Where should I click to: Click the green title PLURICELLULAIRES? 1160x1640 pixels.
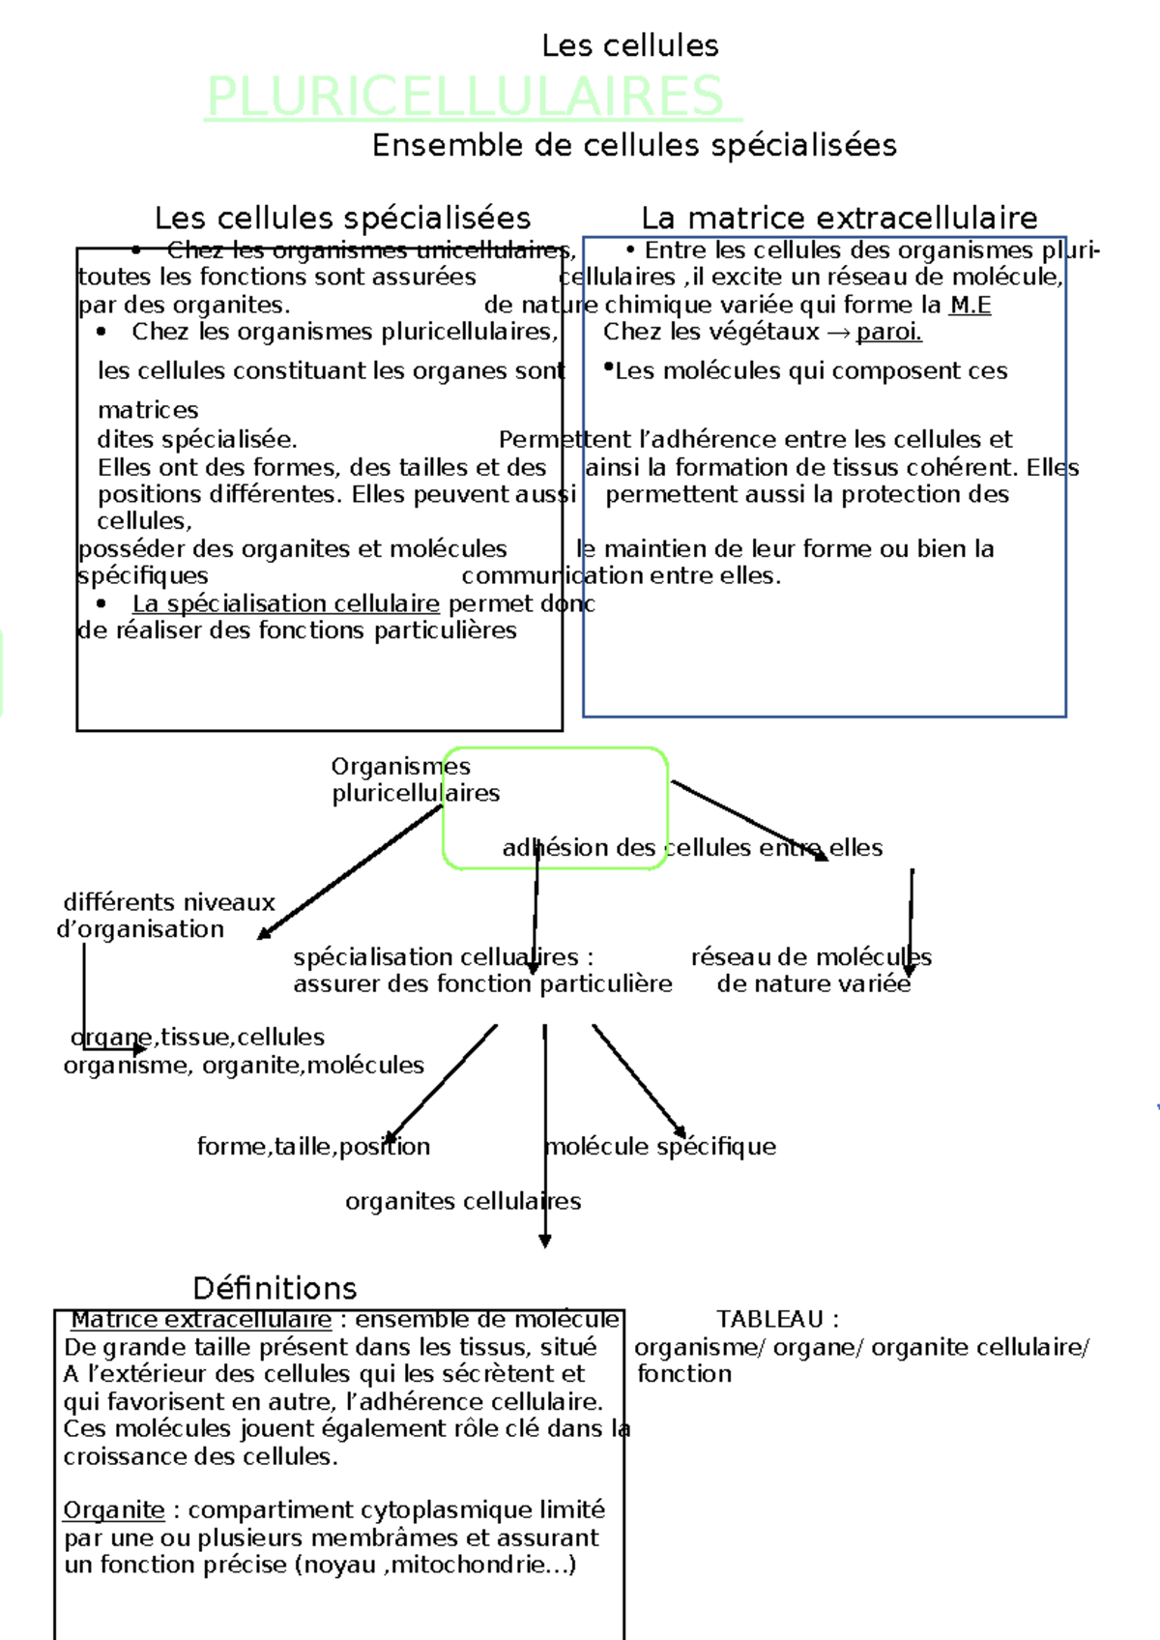466,97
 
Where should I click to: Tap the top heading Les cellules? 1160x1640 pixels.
630,45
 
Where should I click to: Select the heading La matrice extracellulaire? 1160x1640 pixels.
839,218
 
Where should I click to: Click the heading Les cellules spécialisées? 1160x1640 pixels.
343,218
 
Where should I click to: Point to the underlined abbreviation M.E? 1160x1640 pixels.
970,306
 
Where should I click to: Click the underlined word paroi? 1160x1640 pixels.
889,333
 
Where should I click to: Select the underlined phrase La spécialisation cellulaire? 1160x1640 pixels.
286,604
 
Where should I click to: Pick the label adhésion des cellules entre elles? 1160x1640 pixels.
692,848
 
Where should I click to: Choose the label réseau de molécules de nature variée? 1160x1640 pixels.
812,971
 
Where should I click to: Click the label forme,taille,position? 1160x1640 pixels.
313,1147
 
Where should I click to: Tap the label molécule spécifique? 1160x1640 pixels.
661,1147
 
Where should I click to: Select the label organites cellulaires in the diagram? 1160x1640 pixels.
463,1202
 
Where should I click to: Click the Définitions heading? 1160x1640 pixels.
275,1288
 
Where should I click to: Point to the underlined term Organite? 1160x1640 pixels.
114,1510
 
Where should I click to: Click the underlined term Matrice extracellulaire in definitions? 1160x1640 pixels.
202,1320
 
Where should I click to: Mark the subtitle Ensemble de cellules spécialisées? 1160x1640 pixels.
634,145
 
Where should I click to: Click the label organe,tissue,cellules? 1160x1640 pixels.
198,1038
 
